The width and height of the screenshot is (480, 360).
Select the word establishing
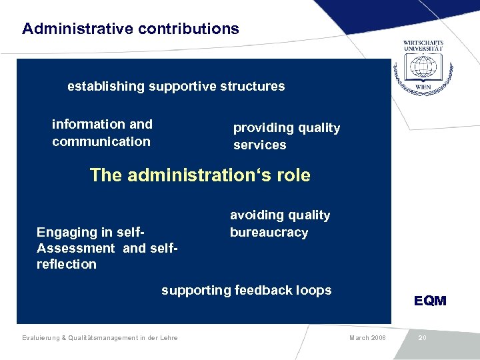pyautogui.click(x=105, y=86)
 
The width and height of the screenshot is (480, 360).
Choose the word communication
pyautogui.click(x=101, y=141)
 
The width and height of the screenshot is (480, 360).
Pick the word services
pyautogui.click(x=259, y=145)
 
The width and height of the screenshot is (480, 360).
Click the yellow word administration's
pyautogui.click(x=201, y=175)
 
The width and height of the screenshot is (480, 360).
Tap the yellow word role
pyautogui.click(x=294, y=175)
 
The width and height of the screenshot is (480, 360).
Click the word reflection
pyautogui.click(x=67, y=264)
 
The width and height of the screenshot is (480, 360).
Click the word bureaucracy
pyautogui.click(x=269, y=233)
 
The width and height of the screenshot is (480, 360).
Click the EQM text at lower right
pyautogui.click(x=430, y=301)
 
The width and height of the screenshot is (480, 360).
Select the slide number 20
pyautogui.click(x=422, y=338)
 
